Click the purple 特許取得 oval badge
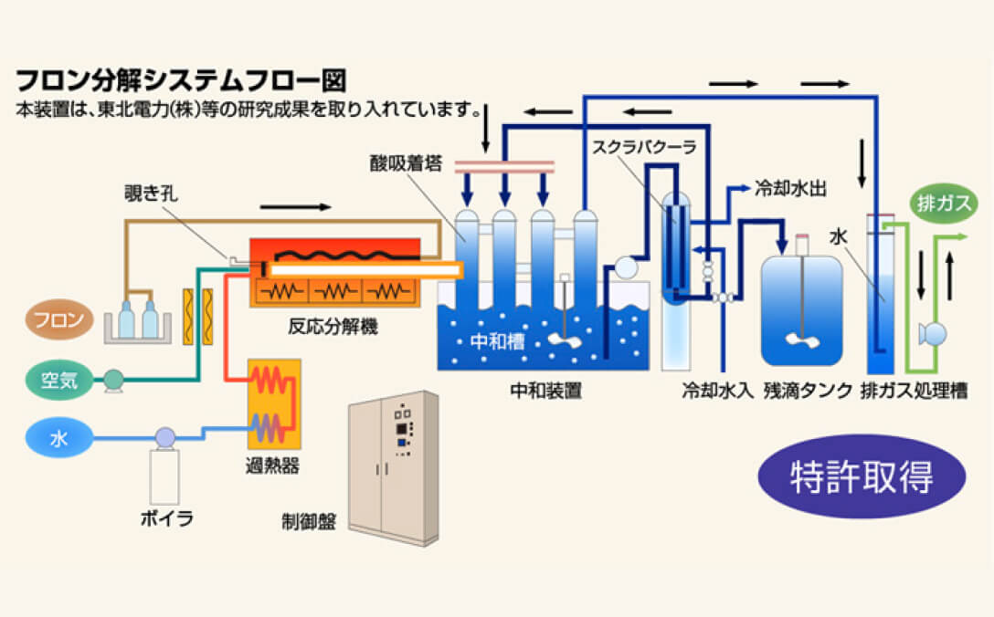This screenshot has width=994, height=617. (862, 477)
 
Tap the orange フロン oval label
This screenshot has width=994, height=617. (59, 320)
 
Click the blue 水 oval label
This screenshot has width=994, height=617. (59, 439)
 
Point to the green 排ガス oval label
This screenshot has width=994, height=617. (940, 202)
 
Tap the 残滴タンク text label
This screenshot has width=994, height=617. (808, 392)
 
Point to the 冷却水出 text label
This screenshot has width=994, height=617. (790, 190)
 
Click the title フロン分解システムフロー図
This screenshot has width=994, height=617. (180, 79)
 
